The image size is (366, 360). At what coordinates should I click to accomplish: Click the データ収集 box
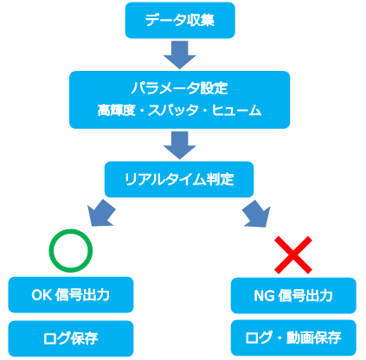pos(180,20)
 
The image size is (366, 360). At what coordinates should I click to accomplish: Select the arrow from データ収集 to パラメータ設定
pos(180,55)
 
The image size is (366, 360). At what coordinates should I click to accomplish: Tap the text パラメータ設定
pos(180,88)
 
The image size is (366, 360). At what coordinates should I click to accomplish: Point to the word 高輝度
pos(116,110)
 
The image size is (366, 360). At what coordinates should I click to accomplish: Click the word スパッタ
pos(173,110)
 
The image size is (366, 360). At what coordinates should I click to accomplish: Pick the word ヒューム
pos(237,110)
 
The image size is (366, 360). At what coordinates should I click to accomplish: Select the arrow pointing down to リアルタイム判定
pos(180,145)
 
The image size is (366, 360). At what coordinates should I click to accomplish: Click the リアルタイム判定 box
pos(179,179)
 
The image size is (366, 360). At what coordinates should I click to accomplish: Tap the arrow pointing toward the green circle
pos(101,213)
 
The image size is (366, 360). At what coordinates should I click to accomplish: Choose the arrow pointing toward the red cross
pos(257,213)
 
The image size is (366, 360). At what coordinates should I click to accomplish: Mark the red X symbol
pos(293,255)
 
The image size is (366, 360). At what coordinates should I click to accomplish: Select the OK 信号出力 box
pos(71,295)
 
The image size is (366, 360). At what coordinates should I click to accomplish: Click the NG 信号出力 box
pos(293,296)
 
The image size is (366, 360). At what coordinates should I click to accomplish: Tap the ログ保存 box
pos(71,338)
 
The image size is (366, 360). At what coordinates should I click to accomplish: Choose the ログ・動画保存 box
pos(293,337)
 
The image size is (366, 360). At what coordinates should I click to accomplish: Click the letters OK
pos(42,295)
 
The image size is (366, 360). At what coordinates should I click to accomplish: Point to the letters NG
pos(265,296)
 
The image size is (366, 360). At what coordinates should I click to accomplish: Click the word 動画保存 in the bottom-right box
pos(314,337)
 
